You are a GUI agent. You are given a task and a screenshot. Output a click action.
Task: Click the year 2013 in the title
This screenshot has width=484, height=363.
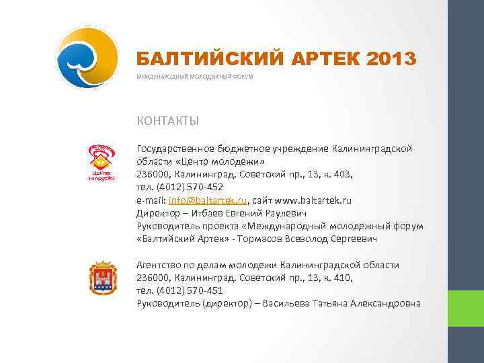tap(392, 59)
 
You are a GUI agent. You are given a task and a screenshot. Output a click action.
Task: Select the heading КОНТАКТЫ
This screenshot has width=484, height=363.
tap(167, 121)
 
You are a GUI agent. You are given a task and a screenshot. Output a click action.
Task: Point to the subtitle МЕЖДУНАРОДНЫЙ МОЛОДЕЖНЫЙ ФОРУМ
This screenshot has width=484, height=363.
tap(195, 77)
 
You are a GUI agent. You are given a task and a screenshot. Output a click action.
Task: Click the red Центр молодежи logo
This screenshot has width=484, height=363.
tap(102, 162)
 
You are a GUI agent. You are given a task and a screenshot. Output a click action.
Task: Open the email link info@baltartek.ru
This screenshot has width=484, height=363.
tap(210, 200)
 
